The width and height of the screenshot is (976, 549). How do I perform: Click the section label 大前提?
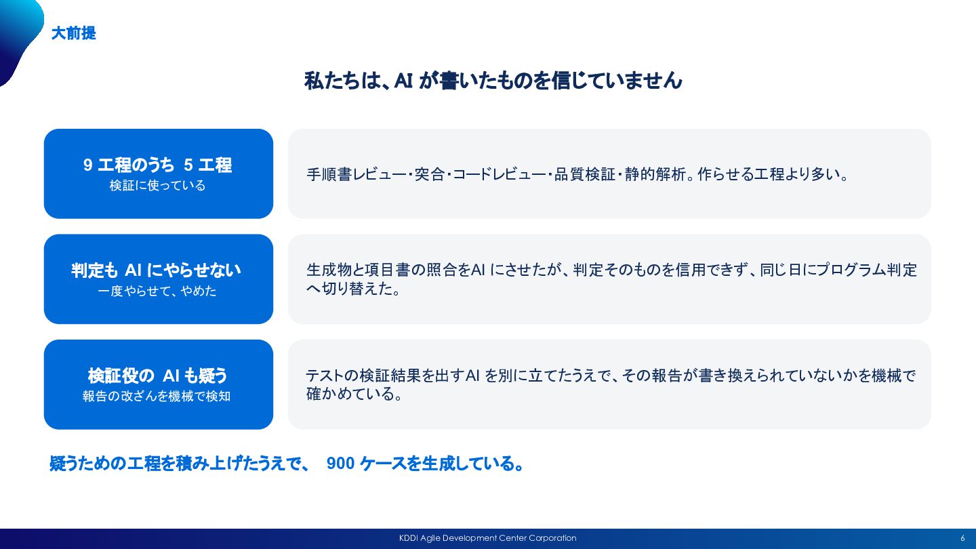(74, 33)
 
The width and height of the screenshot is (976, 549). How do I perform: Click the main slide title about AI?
(493, 81)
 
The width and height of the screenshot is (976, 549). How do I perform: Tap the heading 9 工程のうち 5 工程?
(158, 165)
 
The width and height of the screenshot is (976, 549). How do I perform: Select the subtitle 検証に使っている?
(157, 186)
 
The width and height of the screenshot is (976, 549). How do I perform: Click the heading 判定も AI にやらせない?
(156, 270)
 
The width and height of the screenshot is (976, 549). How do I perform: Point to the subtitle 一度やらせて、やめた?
(157, 291)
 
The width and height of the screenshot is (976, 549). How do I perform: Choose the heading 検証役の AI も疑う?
(157, 375)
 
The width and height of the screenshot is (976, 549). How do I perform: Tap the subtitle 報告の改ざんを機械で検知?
(157, 396)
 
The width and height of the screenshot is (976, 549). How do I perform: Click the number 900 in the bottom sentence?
(340, 463)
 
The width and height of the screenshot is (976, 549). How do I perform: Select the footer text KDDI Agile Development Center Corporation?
(487, 538)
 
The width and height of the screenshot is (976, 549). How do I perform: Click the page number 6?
(962, 539)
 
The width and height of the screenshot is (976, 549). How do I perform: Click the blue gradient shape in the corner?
(20, 35)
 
